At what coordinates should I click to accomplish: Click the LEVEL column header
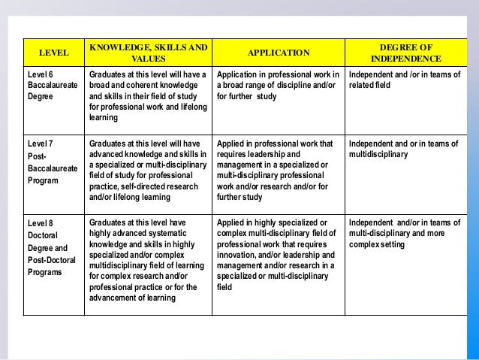[53, 53]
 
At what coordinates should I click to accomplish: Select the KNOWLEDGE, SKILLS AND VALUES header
[149, 53]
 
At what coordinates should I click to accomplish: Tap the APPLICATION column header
[279, 53]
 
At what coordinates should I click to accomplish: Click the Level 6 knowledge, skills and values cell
[149, 96]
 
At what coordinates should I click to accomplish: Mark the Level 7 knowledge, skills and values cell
[149, 170]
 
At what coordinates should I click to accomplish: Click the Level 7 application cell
[279, 170]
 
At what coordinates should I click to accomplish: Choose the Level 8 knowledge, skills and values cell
[149, 260]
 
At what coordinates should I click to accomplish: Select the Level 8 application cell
[279, 254]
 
